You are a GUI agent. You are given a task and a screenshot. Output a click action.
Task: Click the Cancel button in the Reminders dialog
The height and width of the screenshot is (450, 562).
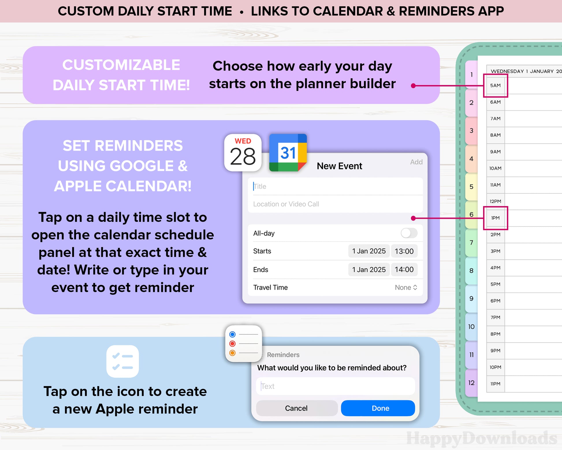(297, 408)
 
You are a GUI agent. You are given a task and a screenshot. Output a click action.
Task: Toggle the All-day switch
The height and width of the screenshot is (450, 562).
(409, 233)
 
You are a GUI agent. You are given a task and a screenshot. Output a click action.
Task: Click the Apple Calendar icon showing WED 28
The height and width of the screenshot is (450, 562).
(243, 153)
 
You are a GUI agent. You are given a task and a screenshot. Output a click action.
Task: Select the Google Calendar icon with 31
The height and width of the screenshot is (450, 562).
(288, 153)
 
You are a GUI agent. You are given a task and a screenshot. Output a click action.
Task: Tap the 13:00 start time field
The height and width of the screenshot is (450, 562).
(404, 251)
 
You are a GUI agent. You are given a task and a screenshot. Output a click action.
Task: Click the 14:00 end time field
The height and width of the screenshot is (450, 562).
(404, 270)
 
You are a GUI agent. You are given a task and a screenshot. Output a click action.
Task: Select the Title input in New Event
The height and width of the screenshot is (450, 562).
(335, 186)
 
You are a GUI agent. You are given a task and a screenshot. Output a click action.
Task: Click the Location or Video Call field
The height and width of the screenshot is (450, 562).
(335, 204)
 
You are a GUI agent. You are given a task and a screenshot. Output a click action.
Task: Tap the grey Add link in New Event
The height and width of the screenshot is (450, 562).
(416, 162)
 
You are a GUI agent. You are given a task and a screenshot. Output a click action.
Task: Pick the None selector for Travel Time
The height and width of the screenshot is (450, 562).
(406, 287)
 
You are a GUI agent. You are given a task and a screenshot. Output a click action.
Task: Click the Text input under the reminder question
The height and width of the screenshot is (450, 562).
(335, 386)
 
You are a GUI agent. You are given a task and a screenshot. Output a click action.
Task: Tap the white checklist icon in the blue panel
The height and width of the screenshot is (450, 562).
(122, 361)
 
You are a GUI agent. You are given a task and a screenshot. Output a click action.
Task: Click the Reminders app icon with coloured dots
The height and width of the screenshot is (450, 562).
(244, 344)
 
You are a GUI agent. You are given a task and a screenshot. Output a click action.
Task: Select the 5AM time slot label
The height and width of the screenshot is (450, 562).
(495, 86)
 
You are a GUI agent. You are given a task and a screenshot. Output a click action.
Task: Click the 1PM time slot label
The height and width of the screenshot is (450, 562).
(495, 218)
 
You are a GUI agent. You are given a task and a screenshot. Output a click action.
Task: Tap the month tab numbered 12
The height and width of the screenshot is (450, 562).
(472, 383)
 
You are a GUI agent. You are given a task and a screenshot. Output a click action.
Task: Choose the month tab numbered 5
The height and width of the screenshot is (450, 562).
(472, 187)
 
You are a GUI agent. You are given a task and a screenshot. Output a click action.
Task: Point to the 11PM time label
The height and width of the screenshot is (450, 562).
(495, 384)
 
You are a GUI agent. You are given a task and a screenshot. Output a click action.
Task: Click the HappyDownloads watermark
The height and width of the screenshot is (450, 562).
(482, 438)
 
